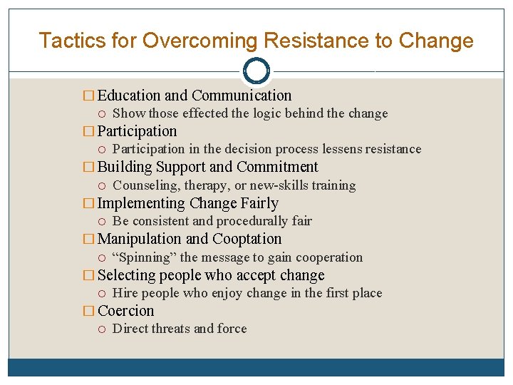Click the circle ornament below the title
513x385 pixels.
(256, 71)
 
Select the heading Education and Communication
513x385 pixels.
(194, 96)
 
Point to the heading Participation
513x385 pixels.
(137, 131)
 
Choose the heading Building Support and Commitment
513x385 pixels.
(207, 167)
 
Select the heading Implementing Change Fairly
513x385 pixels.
(187, 203)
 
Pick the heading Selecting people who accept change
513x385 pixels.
(210, 275)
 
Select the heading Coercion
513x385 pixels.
(125, 311)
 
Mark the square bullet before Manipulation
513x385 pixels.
(88, 240)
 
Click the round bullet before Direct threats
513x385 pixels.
(103, 329)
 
